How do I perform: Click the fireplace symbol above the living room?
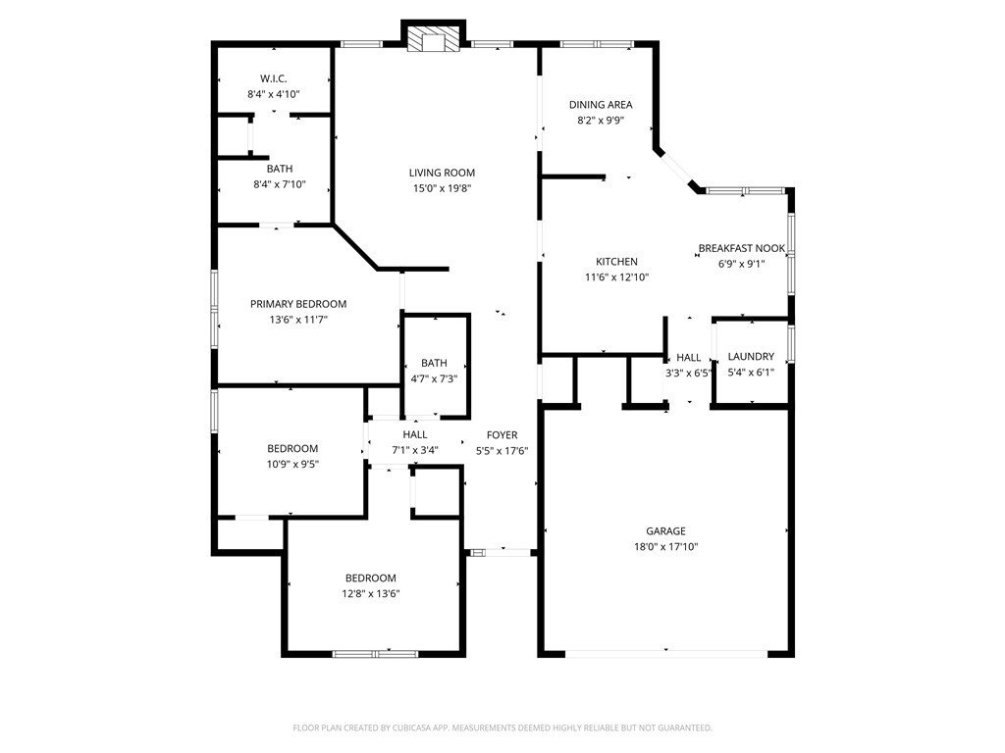point(434,38)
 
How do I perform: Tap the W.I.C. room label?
point(274,78)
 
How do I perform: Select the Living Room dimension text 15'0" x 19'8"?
point(443,188)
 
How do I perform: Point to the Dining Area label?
point(601,104)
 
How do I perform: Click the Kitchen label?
point(616,261)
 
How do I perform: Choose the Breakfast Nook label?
point(742,248)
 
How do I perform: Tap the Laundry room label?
point(751,356)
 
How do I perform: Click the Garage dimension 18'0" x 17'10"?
point(666,547)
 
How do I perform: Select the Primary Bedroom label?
point(298,304)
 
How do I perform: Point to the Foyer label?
point(502,434)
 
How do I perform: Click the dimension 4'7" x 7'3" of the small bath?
point(434,378)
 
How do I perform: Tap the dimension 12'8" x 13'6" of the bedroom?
point(370,593)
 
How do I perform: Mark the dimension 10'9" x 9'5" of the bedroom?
point(292,464)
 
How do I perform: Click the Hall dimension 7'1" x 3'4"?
point(415,450)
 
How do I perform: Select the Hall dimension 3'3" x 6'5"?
point(688,374)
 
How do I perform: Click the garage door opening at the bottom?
point(666,654)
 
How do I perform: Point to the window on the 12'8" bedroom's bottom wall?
point(375,654)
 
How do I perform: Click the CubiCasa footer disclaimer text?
point(502,728)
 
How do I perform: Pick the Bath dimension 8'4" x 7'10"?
point(280,184)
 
